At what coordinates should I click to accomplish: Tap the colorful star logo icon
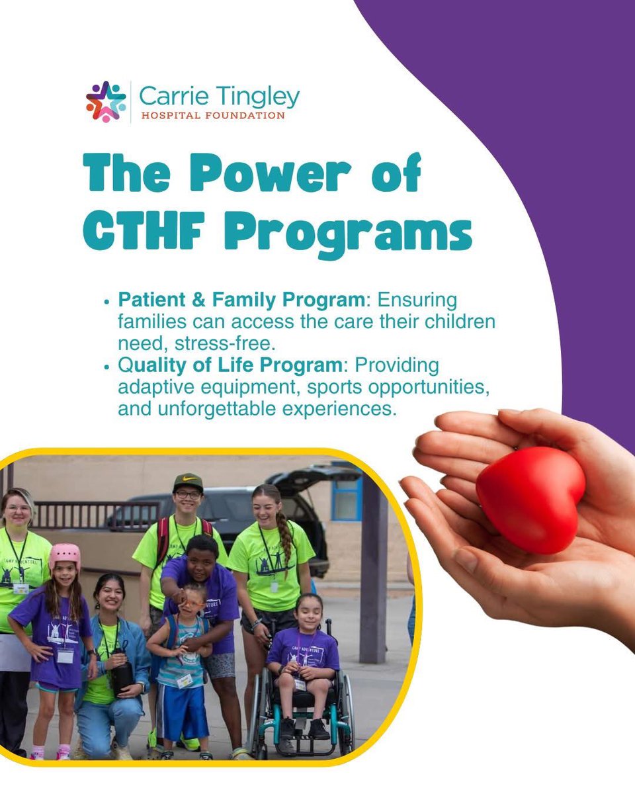tap(106, 101)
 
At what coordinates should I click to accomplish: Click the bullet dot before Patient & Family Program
tap(107, 301)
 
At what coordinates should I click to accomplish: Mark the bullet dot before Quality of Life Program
tap(107, 366)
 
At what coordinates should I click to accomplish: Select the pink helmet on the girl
tap(65, 555)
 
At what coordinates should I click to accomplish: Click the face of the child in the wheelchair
tap(310, 613)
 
